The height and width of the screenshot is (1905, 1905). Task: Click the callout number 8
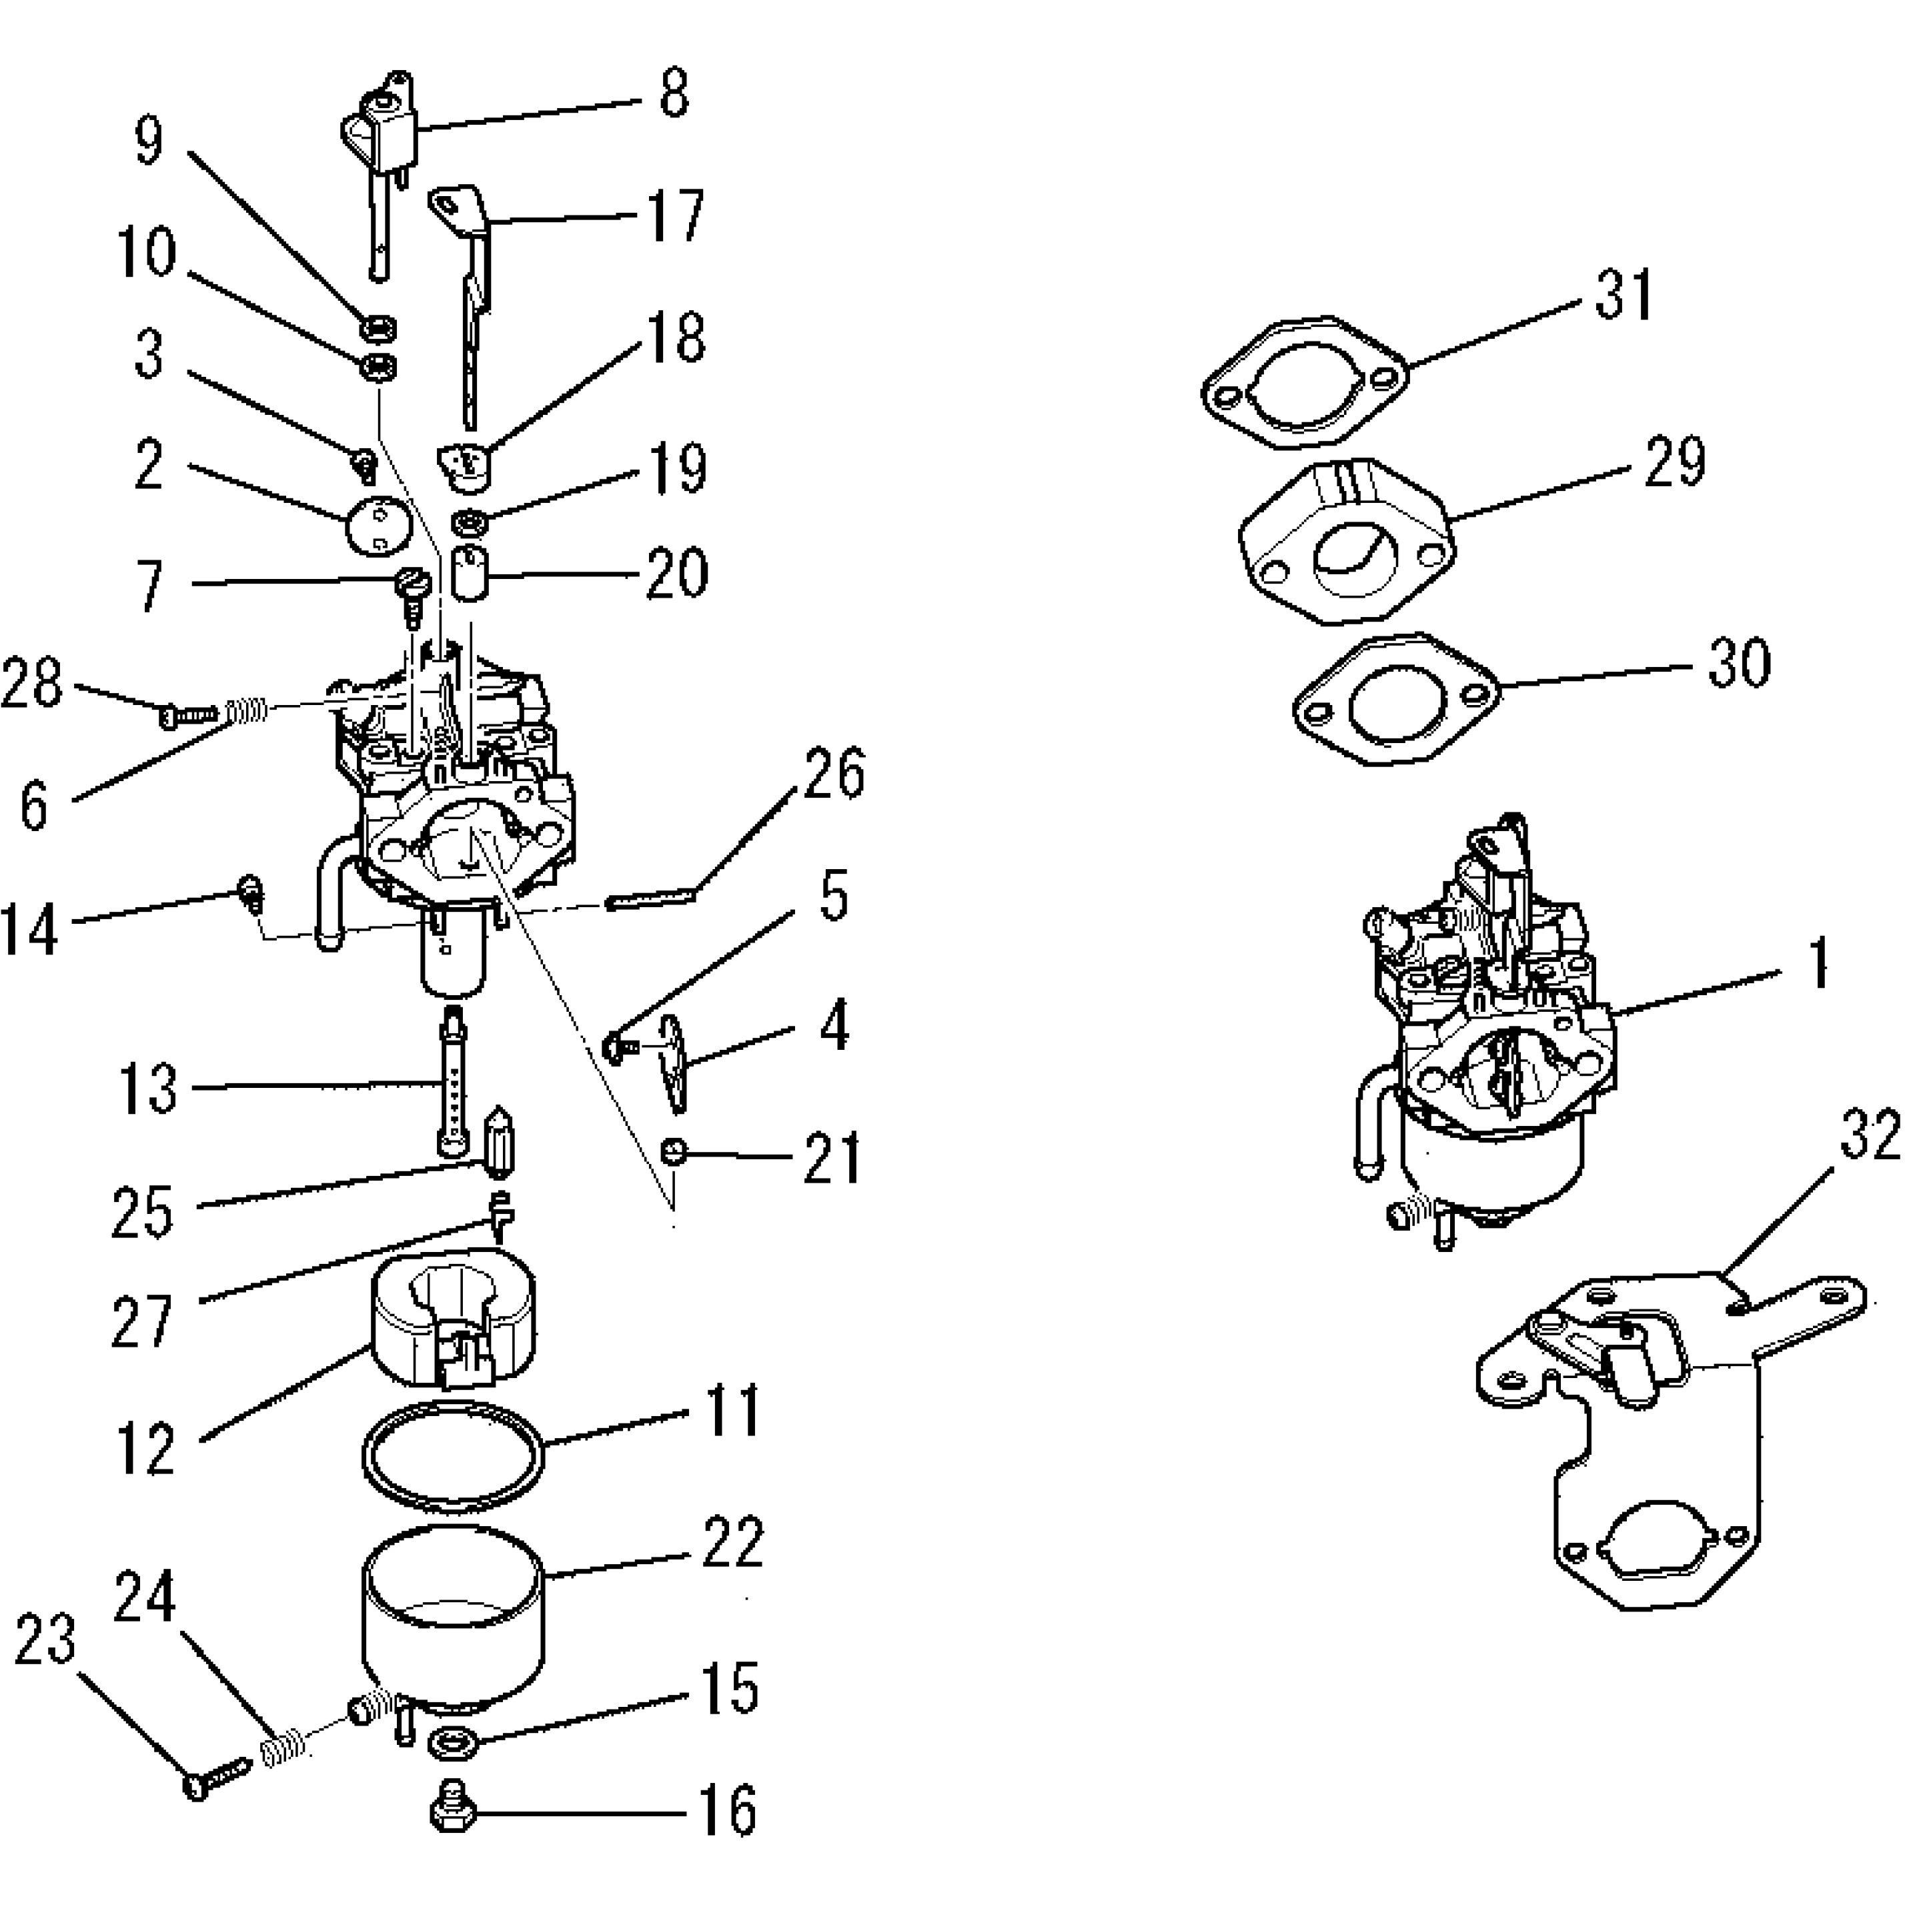tap(674, 95)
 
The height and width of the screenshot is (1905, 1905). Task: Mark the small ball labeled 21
tap(674, 1151)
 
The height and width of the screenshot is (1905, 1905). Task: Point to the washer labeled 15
tap(453, 1746)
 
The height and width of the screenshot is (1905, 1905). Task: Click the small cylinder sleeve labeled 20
tap(470, 574)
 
